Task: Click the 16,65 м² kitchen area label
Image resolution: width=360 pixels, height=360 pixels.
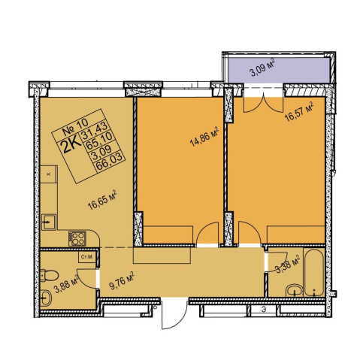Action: point(102,200)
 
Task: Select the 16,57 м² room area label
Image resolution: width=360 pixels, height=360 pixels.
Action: point(300,111)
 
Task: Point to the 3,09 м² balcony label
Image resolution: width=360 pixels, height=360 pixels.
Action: point(262,68)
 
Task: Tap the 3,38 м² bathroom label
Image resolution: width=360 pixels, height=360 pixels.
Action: point(288,265)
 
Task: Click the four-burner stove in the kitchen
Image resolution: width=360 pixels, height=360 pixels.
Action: point(77,238)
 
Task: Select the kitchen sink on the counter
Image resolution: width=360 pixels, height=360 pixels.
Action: point(49,222)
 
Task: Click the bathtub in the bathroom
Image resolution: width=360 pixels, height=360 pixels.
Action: point(314,273)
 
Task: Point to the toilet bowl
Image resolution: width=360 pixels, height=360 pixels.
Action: point(49,275)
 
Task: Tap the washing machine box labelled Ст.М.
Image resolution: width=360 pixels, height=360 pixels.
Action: point(87,257)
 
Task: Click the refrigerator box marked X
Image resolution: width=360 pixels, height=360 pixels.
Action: point(49,174)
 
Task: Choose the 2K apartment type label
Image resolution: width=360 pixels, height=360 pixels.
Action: point(71,146)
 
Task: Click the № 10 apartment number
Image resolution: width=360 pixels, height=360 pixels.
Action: point(75,127)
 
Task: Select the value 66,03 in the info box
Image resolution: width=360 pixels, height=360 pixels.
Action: point(110,162)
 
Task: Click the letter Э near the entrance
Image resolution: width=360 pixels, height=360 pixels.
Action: point(264,310)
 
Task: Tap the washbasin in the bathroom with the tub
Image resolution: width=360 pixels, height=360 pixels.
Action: point(295,290)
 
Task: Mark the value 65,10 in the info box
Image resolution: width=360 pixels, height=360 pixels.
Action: point(99,141)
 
